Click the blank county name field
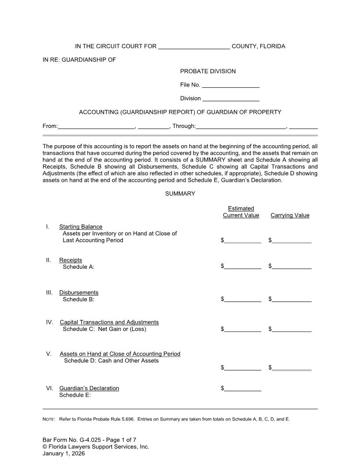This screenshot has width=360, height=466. (194, 47)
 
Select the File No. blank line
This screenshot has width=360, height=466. (230, 85)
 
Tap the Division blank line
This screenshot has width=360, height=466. (230, 99)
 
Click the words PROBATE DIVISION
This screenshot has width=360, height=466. (208, 71)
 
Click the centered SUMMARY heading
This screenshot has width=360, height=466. (180, 194)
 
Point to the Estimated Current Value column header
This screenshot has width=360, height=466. (241, 212)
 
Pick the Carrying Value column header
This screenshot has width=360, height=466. (290, 215)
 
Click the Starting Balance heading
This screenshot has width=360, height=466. (81, 227)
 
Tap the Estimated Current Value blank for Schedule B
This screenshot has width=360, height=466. (242, 299)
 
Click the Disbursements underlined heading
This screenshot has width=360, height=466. (79, 293)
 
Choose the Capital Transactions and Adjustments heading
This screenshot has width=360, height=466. (109, 322)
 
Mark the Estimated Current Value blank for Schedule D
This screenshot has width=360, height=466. (242, 368)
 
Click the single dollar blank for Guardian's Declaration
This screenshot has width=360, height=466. (242, 388)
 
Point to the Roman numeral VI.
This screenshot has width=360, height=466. (49, 388)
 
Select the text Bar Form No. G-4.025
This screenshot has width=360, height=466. (69, 440)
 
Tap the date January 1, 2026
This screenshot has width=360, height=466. (64, 453)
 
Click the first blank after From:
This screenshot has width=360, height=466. (96, 126)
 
